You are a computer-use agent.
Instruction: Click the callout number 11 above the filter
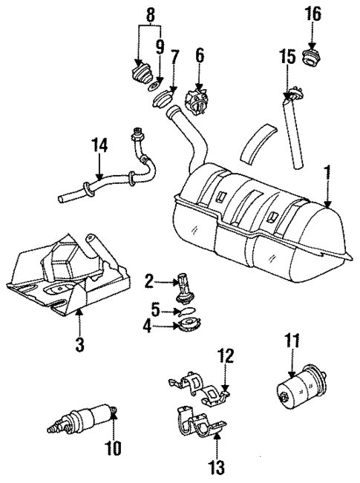[x=293, y=342]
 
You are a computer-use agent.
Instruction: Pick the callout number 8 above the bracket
[x=151, y=13]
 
